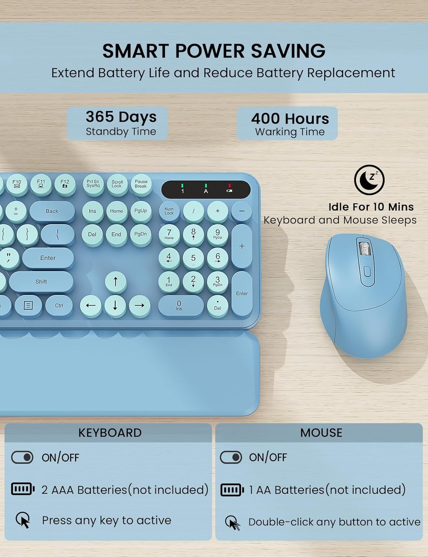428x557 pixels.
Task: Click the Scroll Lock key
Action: [117, 184]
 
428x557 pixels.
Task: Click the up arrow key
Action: [115, 282]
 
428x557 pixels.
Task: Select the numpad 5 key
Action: [193, 258]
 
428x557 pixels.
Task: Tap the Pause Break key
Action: [141, 184]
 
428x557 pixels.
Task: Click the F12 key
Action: [65, 184]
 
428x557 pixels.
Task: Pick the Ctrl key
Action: [59, 306]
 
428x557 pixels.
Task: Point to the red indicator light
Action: [230, 186]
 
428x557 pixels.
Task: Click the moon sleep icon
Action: [369, 180]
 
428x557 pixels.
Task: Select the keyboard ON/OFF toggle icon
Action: [22, 457]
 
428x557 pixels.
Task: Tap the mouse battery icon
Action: [232, 490]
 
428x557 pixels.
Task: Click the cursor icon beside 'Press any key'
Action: [23, 520]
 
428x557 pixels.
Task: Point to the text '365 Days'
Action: [121, 117]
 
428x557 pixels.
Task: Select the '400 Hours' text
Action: [290, 118]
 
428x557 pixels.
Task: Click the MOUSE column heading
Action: [321, 433]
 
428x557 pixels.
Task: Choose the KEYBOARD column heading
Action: [110, 433]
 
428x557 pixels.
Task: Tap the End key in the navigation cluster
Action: [116, 234]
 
